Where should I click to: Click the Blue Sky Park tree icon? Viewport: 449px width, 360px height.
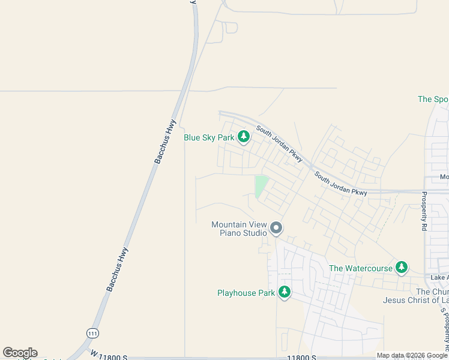[244, 137]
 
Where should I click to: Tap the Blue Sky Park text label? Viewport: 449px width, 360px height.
[209, 138]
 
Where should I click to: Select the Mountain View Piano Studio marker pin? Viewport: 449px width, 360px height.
[276, 228]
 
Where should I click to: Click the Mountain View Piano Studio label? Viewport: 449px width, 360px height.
[239, 229]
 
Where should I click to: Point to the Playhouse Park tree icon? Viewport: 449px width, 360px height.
[285, 293]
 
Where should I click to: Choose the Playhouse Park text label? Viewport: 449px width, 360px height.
[246, 293]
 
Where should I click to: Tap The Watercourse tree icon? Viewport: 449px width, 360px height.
[402, 268]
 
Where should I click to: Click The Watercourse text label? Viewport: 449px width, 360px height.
[361, 268]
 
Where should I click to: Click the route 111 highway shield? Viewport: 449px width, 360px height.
[92, 332]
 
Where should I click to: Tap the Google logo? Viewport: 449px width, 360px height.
[20, 353]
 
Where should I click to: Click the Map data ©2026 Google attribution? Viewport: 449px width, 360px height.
[412, 356]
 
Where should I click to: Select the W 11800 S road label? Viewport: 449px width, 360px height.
[108, 356]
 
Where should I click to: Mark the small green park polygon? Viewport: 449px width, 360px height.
[261, 185]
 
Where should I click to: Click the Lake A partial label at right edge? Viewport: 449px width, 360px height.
[439, 278]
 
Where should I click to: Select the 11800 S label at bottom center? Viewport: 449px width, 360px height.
[301, 357]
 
